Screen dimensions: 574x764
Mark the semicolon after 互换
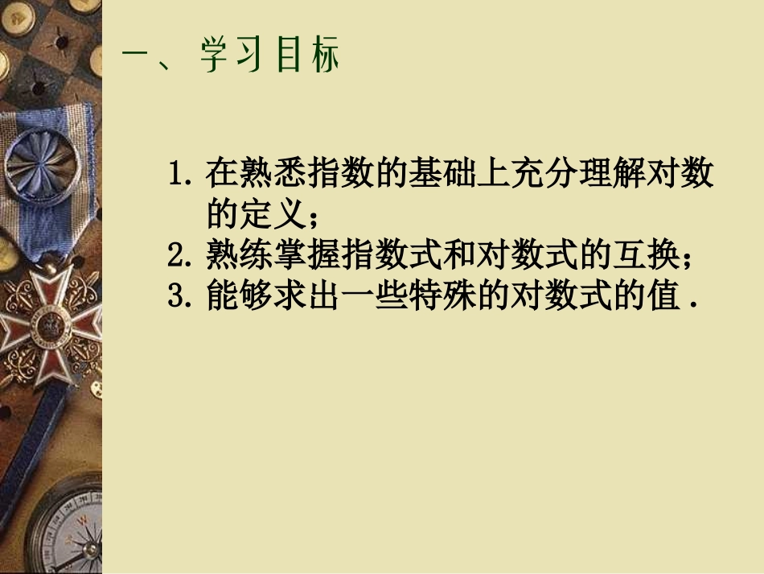pos(686,258)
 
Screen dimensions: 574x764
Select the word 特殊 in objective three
pos(417,297)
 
